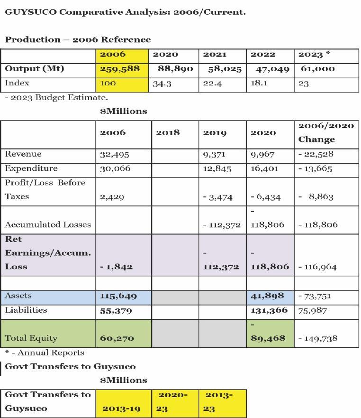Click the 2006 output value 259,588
tap(120, 69)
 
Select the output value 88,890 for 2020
tap(175, 69)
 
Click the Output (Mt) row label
tap(34, 69)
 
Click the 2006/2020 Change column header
tap(326, 132)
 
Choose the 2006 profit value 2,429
tap(112, 197)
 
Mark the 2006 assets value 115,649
tap(118, 296)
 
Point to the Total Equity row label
tap(31, 338)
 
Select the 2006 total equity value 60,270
tap(117, 338)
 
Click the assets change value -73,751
tap(315, 296)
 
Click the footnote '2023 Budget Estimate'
tap(57, 98)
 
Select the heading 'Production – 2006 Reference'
tap(78, 39)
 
